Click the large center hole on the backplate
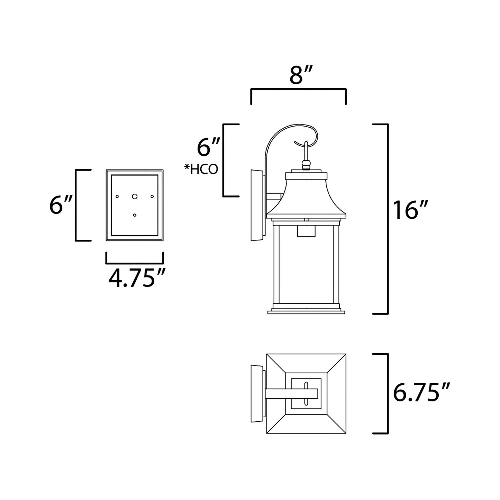(x=135, y=196)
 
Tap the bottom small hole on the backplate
(x=135, y=215)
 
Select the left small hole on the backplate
(x=117, y=197)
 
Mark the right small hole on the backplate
(x=152, y=197)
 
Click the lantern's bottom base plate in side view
(x=307, y=311)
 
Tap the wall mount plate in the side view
(x=257, y=205)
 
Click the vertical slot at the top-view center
(x=306, y=393)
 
